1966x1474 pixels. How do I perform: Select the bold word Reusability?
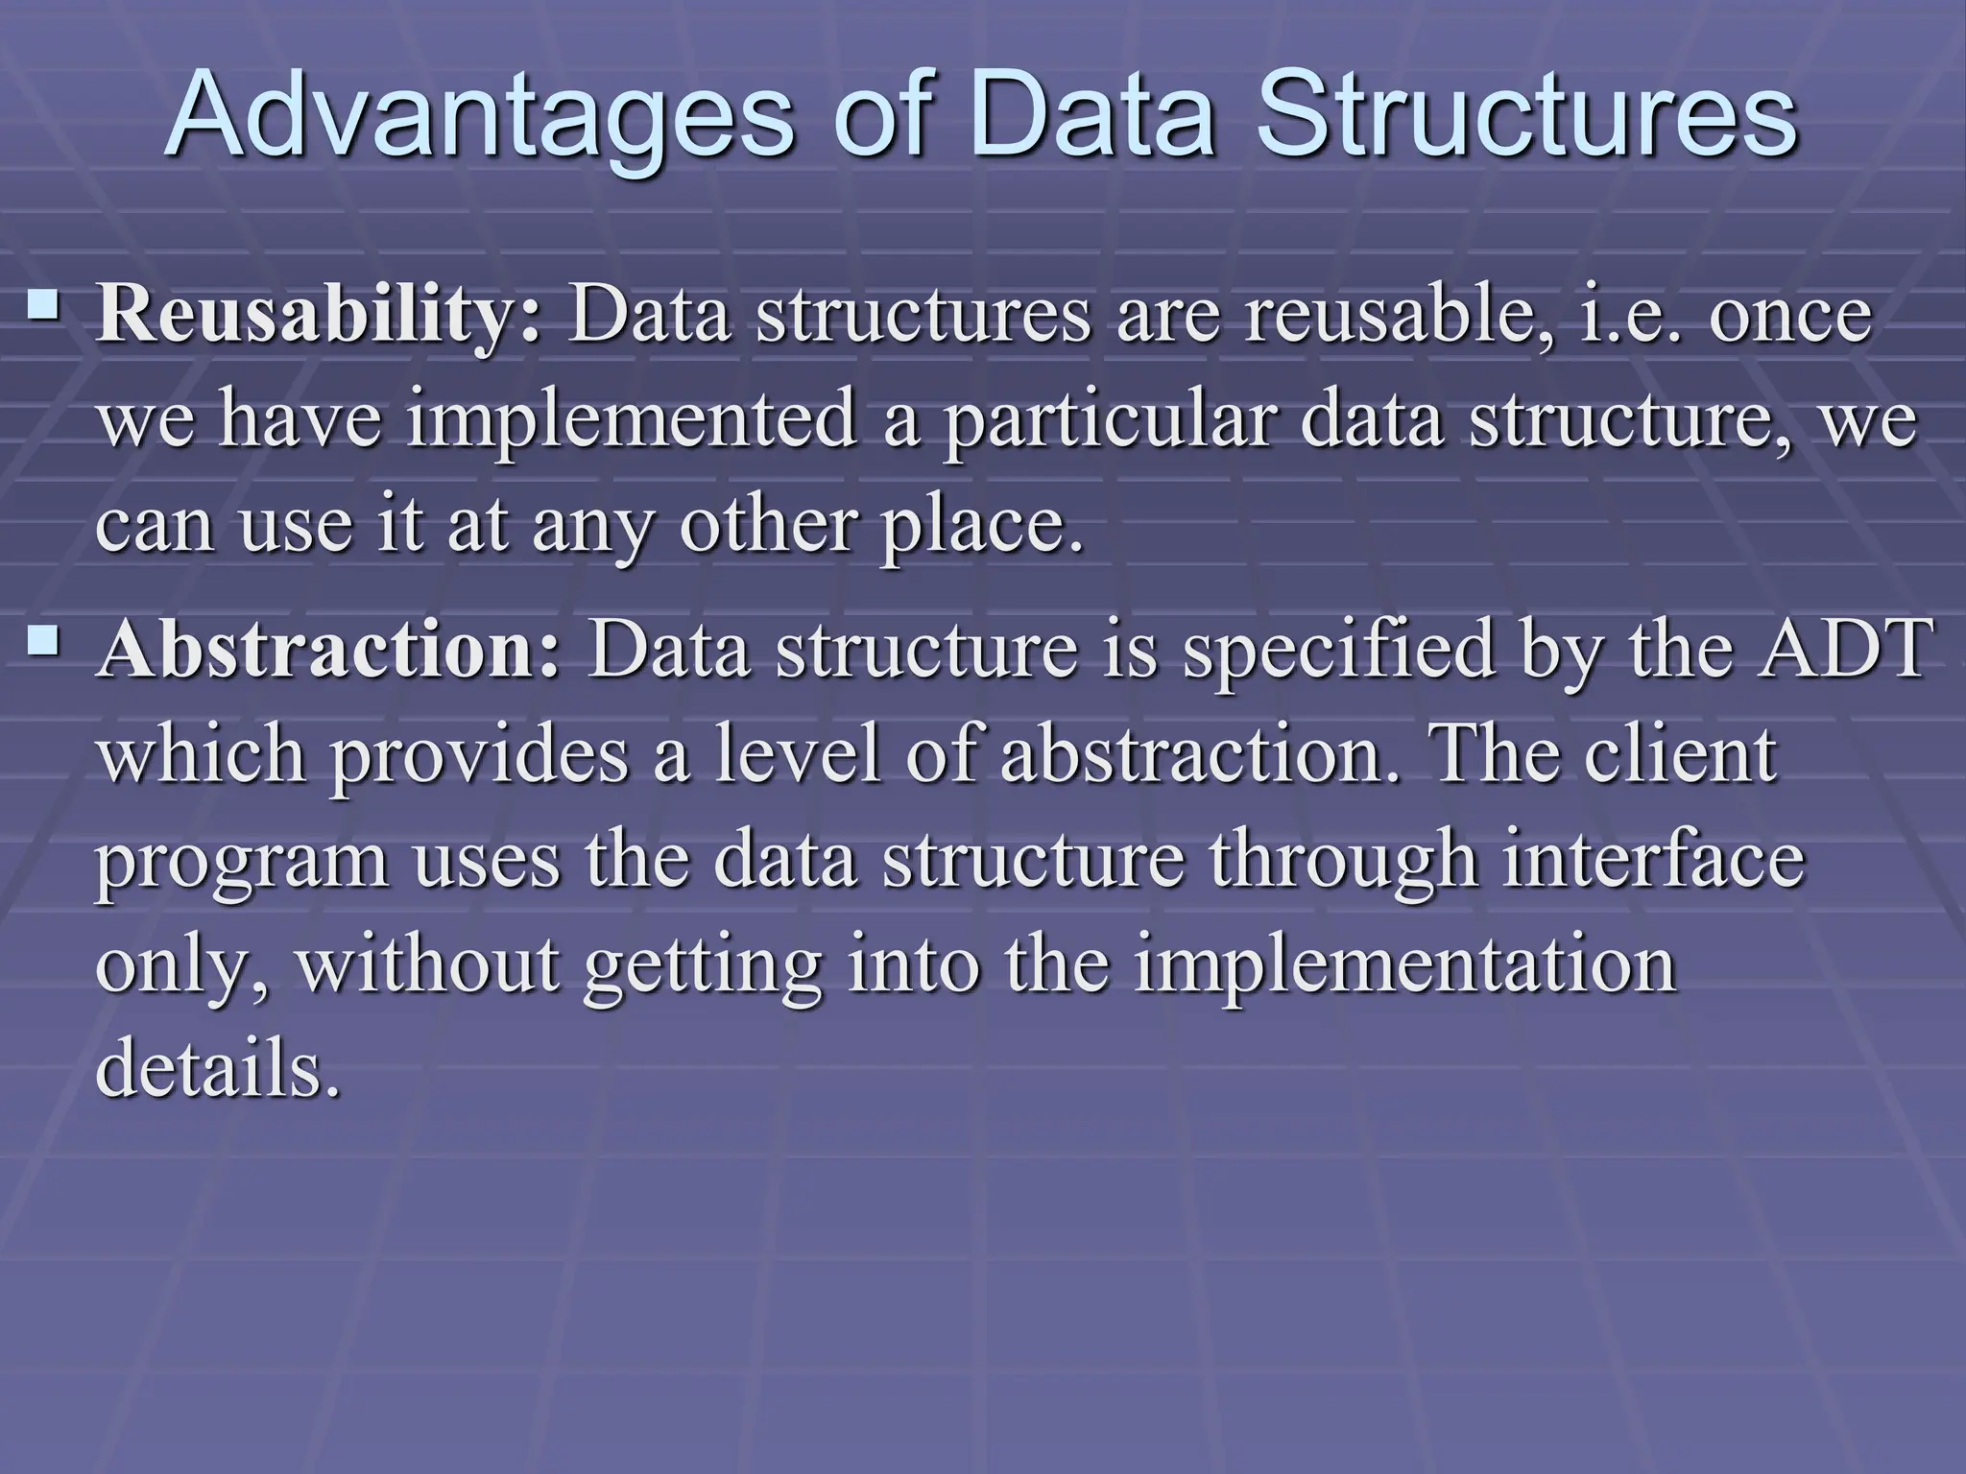click(320, 316)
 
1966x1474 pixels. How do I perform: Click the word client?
click(1680, 755)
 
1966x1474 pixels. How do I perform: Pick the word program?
click(242, 861)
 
